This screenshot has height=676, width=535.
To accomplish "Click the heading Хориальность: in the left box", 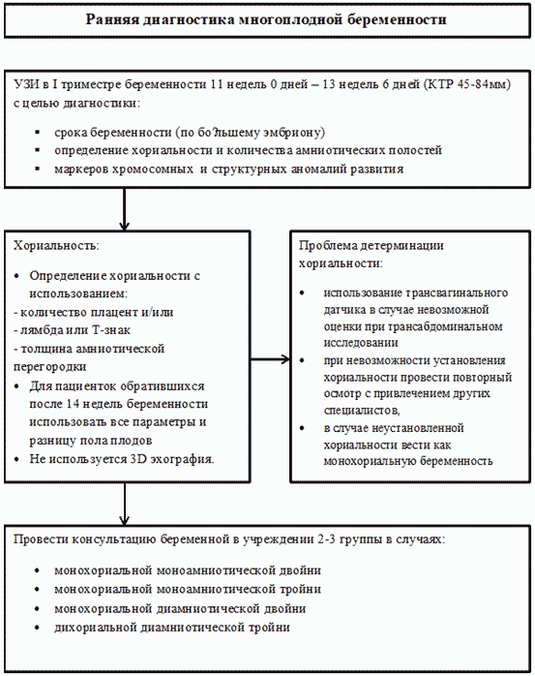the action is coord(56,246).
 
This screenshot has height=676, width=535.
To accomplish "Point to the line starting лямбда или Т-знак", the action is coord(72,330).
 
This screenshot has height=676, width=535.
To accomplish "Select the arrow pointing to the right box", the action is coord(270,359).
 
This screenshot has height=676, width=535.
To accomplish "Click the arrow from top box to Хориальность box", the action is coord(124,210).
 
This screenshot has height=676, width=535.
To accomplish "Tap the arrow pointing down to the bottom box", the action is coord(124,504).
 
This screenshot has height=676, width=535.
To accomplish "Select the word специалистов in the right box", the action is coord(362,411).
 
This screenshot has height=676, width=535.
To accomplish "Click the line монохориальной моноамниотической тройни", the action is coord(188,590).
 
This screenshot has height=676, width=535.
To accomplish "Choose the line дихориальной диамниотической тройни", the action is coord(172,628).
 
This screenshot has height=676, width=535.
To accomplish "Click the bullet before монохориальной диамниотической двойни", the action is coord(38,609).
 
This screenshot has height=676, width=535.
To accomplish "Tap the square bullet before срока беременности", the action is coord(38,132).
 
